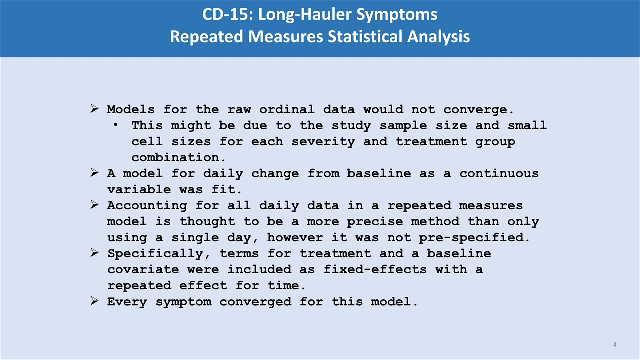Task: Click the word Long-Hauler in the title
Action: click(x=305, y=15)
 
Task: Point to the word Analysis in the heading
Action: click(x=439, y=37)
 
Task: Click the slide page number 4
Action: click(x=615, y=345)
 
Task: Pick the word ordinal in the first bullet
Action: click(x=287, y=109)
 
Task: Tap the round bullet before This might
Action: click(x=115, y=125)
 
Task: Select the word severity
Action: click(x=323, y=142)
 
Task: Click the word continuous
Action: click(x=499, y=173)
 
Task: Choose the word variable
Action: click(x=139, y=189)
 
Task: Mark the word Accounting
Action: click(x=147, y=206)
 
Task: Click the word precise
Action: click(x=375, y=222)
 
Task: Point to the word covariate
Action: click(x=143, y=270)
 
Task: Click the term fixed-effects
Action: click(x=375, y=269)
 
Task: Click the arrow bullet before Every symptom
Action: click(x=94, y=301)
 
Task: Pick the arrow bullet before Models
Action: click(x=94, y=109)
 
